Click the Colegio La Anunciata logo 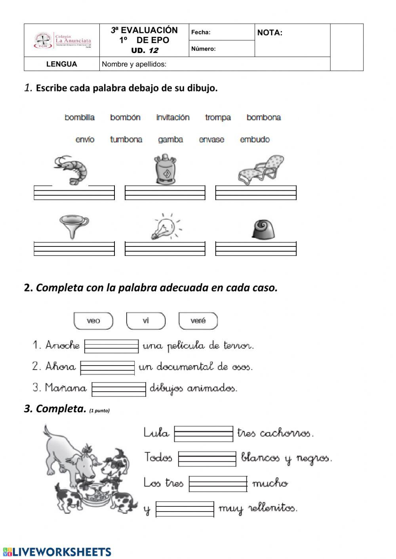(x=62, y=40)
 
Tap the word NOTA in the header (x=270, y=33)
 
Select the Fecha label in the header (x=201, y=32)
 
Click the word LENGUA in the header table (x=61, y=64)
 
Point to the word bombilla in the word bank (x=80, y=117)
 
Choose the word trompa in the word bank (x=218, y=117)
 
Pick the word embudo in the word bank (x=255, y=140)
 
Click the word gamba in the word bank (x=170, y=140)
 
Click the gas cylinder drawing (x=165, y=169)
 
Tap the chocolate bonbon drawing (x=263, y=229)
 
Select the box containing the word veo (x=93, y=321)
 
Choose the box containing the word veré (x=198, y=321)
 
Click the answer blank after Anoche (x=111, y=346)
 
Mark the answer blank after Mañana (x=119, y=388)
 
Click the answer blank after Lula (x=204, y=434)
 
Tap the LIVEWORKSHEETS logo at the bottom (x=57, y=552)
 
